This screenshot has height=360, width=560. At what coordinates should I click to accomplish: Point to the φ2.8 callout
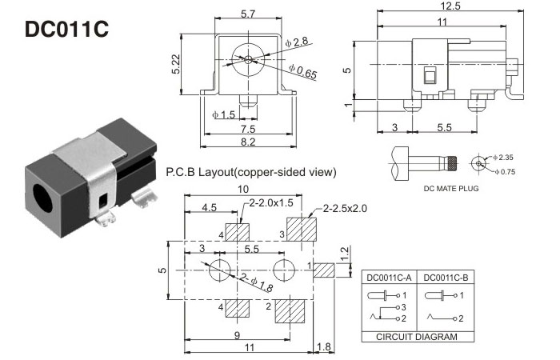pos(300,41)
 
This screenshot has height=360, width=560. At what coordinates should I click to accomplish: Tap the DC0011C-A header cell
pos(388,278)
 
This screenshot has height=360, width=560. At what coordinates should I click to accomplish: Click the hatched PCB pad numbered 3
pos(301,232)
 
